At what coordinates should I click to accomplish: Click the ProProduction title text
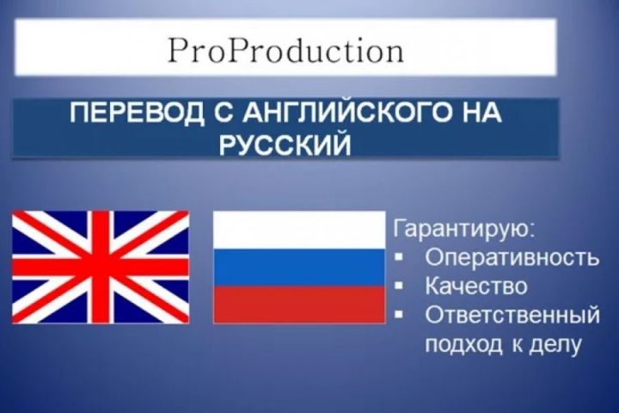tap(285, 51)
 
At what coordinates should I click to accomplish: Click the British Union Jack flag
tap(101, 266)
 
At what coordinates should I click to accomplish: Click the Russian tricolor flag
tap(298, 267)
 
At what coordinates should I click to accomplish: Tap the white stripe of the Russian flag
tap(298, 230)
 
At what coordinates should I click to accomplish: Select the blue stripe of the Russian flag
tap(298, 267)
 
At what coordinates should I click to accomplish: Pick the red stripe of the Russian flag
tap(298, 304)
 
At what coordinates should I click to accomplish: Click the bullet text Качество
tap(475, 286)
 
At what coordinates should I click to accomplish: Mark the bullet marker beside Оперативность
tap(402, 257)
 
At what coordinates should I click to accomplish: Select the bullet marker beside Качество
tap(402, 286)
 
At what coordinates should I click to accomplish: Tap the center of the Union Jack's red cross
tap(101, 266)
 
